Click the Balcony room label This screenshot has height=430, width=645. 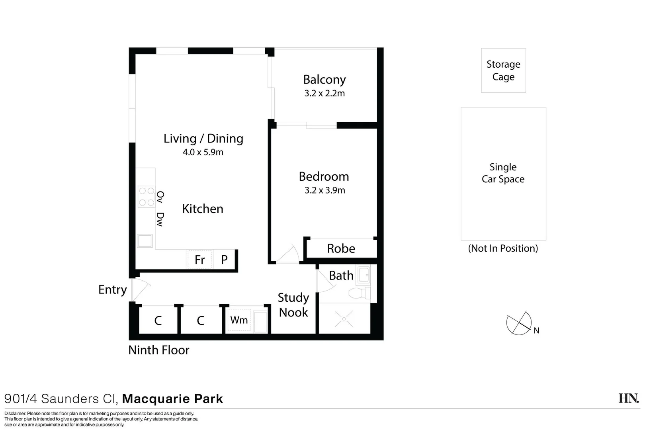pos(324,80)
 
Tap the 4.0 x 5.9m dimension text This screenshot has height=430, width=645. pos(203,152)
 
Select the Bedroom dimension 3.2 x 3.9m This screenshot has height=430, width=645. pos(325,190)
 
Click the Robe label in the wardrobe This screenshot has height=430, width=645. pos(341,248)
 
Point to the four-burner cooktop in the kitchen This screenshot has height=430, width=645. pos(146,197)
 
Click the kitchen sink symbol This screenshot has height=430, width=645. pos(145,240)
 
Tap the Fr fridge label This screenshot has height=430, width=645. pos(199,260)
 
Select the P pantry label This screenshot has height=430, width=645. pos(225,260)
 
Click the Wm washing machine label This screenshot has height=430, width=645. pos(239,320)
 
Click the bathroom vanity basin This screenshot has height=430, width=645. pos(364,275)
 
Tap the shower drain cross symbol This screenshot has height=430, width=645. pos(344,319)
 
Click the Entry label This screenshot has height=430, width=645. pos(113,289)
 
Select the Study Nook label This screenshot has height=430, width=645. pos(293,305)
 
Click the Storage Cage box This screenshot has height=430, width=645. pos(503,70)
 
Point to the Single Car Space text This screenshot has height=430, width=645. pos(503,173)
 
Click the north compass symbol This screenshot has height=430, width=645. pos(519,323)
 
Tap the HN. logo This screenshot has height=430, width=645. pos(629,398)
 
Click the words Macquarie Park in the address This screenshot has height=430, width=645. pos(172,399)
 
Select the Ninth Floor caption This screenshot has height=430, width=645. pos(159,350)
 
